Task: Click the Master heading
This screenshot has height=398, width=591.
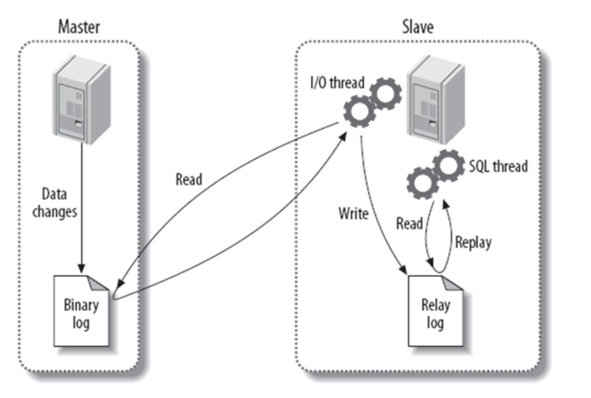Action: point(79,27)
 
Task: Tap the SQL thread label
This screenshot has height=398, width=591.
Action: point(498,166)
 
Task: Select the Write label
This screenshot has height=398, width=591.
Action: point(353,214)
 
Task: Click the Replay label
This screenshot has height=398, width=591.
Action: point(473,242)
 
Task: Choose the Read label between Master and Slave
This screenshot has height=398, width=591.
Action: point(188,179)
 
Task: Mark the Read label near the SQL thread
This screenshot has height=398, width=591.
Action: point(410,224)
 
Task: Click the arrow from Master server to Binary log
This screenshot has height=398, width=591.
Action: point(82,208)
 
